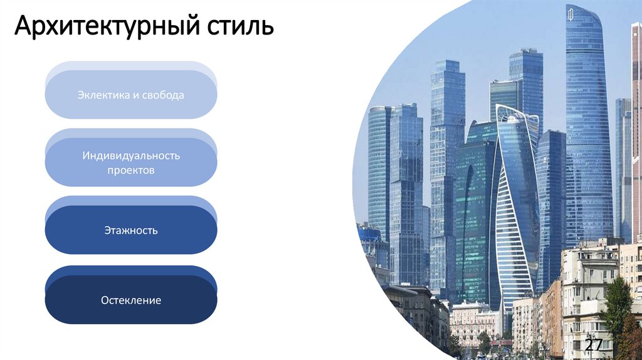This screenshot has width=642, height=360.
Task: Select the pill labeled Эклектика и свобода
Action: tap(131, 95)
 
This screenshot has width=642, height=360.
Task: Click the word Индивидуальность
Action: tap(131, 155)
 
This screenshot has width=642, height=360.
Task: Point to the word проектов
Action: tap(131, 170)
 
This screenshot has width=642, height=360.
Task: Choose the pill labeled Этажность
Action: tap(131, 230)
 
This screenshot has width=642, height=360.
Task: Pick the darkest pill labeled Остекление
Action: tap(131, 300)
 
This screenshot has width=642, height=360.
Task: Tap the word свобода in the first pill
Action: tap(164, 95)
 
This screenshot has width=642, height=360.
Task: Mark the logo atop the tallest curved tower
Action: tap(570, 14)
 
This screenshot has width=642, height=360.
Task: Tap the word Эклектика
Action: tap(103, 95)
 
